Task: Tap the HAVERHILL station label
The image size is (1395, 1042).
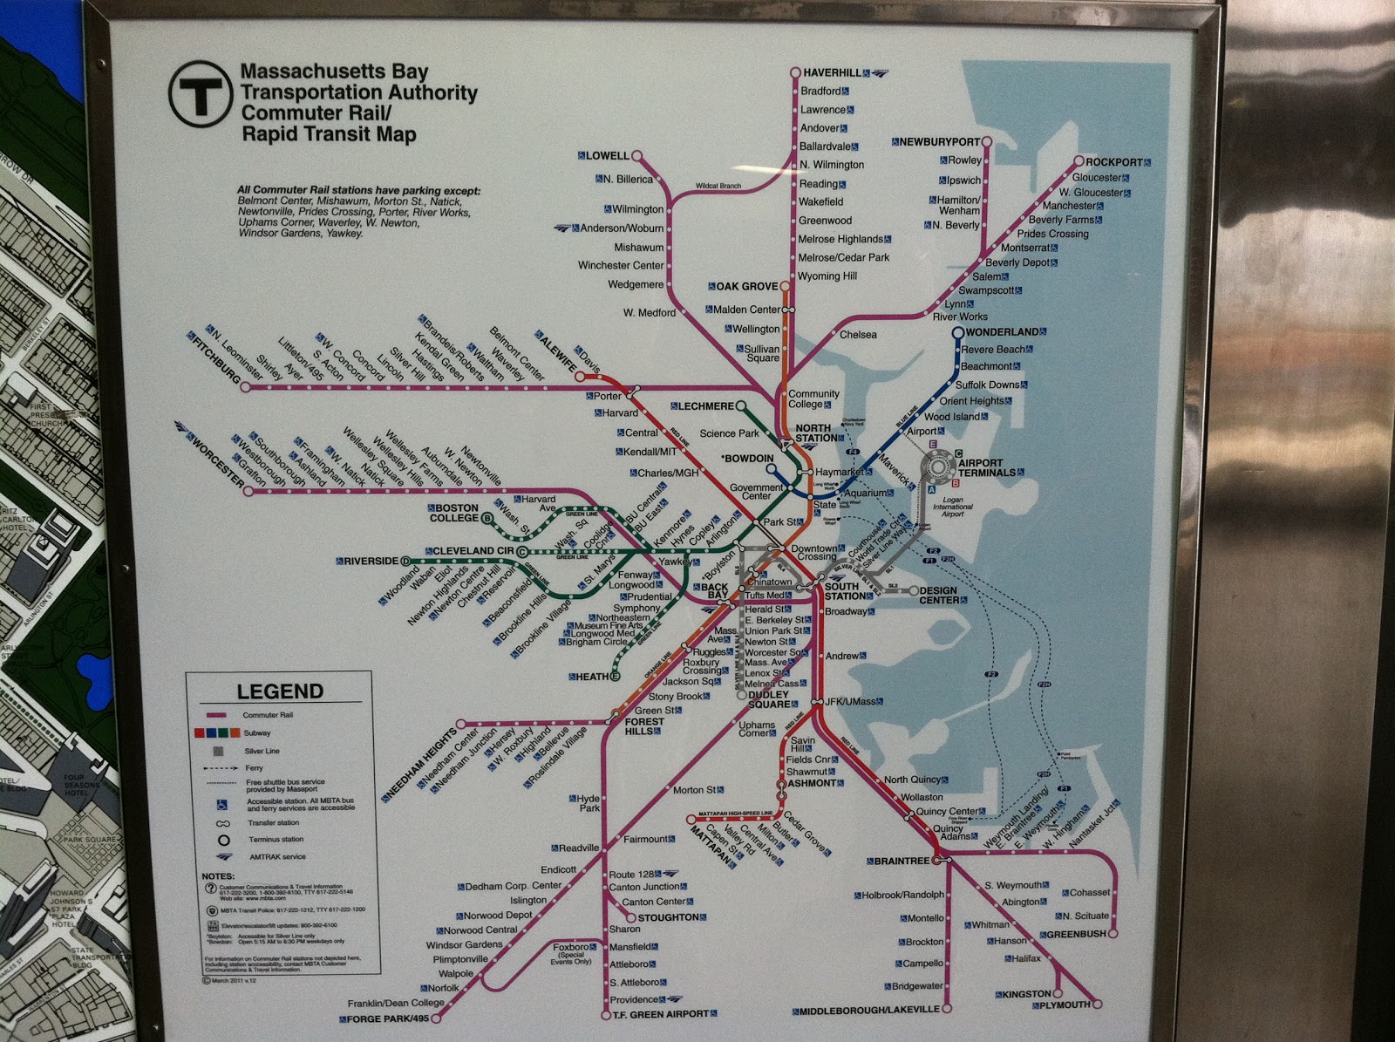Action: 832,72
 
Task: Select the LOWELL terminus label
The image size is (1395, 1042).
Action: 607,156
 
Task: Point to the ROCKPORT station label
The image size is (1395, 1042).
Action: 1114,162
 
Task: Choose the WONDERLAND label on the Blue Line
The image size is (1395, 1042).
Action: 1002,332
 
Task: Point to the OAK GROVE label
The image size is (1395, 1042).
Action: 747,286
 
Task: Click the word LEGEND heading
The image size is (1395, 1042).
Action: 280,691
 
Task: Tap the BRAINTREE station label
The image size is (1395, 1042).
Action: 902,861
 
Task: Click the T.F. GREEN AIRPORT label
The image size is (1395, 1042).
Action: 661,1014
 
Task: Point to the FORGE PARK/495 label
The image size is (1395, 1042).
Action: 388,1018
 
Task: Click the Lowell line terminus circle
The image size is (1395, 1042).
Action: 636,157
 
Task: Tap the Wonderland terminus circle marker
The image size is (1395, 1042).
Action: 958,333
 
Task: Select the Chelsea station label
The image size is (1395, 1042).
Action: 858,335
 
